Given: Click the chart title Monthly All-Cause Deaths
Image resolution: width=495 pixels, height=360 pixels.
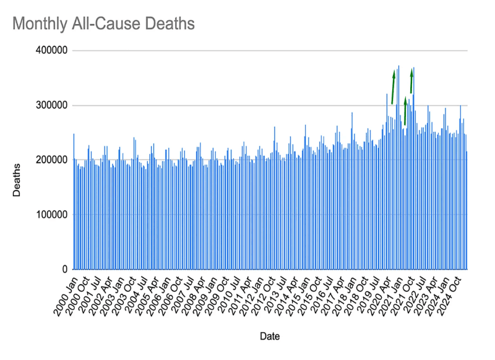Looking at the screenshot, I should [x=103, y=24].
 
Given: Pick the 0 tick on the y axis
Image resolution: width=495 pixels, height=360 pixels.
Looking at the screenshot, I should [x=64, y=270].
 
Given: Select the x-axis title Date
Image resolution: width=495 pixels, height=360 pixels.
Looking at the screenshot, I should [x=270, y=337].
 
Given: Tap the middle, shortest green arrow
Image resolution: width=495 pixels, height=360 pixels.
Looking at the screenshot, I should [x=405, y=111].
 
